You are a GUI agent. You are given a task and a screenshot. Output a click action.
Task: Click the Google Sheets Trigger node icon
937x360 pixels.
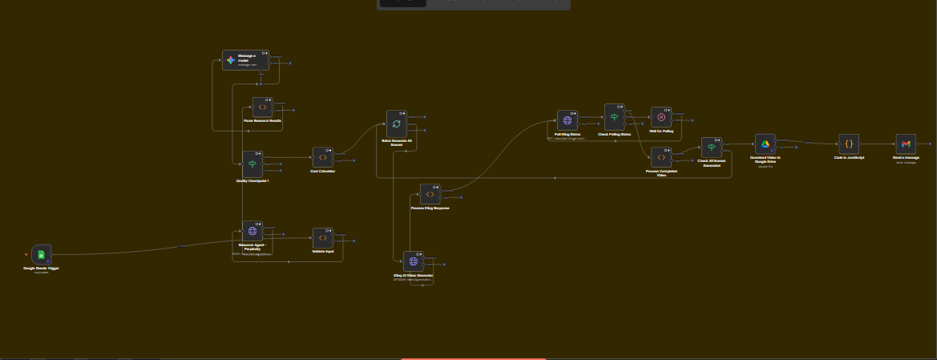pyautogui.click(x=41, y=255)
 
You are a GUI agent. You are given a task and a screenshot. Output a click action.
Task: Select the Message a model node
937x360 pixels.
pyautogui.click(x=232, y=60)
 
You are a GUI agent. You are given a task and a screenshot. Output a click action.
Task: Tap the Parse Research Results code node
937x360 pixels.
pyautogui.click(x=262, y=107)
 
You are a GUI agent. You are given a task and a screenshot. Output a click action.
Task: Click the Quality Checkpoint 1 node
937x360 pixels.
pyautogui.click(x=252, y=164)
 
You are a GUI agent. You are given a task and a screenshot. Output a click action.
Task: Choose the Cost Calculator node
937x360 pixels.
pyautogui.click(x=322, y=157)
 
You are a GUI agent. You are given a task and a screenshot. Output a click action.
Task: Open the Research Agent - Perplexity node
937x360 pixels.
pyautogui.click(x=252, y=232)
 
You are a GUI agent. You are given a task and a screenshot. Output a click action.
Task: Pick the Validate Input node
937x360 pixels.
pyautogui.click(x=322, y=238)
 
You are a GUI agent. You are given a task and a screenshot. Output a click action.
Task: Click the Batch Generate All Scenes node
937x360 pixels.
pyautogui.click(x=397, y=124)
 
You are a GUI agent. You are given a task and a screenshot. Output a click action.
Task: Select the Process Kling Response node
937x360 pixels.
pyautogui.click(x=430, y=194)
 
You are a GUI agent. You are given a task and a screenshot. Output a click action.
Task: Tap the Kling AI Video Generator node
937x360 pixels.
pyautogui.click(x=414, y=261)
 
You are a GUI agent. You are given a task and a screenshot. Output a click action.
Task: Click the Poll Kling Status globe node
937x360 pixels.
pyautogui.click(x=567, y=120)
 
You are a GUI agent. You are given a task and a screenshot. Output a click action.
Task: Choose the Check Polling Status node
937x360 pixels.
pyautogui.click(x=615, y=117)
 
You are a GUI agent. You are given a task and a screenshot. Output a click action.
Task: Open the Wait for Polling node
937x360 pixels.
pyautogui.click(x=661, y=117)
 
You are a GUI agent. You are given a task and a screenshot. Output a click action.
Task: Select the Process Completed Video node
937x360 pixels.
pyautogui.click(x=661, y=157)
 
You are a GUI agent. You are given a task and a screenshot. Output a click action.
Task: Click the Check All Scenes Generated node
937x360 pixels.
pyautogui.click(x=712, y=148)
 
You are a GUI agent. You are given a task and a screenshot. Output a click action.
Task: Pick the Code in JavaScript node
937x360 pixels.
pyautogui.click(x=849, y=144)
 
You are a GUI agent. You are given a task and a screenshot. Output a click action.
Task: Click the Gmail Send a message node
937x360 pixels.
pyautogui.click(x=906, y=144)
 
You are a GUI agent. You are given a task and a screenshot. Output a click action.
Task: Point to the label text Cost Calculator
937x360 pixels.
pyautogui.click(x=322, y=171)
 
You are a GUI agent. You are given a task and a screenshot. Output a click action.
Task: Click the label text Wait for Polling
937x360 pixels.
pyautogui.click(x=661, y=131)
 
